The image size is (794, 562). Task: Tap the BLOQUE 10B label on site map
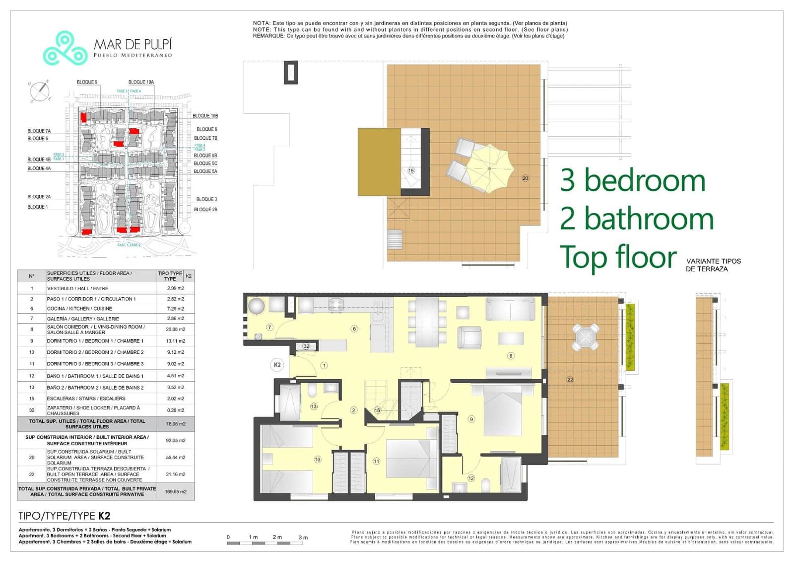205,116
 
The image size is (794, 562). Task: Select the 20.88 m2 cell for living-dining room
175,329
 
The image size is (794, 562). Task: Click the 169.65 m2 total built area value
176,491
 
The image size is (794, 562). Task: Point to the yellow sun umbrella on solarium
489,168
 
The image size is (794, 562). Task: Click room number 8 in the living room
511,355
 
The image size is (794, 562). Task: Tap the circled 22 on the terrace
570,380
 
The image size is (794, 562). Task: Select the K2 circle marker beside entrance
277,365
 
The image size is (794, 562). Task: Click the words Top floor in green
618,257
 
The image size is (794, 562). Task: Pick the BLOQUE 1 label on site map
38,207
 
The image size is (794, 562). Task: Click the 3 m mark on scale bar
303,537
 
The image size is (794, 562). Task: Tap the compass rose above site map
40,91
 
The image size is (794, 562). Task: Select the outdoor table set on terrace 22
586,338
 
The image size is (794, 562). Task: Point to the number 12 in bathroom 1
470,478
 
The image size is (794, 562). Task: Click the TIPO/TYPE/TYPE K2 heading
64,516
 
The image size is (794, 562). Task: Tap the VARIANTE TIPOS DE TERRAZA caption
713,265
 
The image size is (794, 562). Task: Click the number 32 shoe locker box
306,346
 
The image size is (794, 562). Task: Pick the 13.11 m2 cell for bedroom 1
175,341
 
